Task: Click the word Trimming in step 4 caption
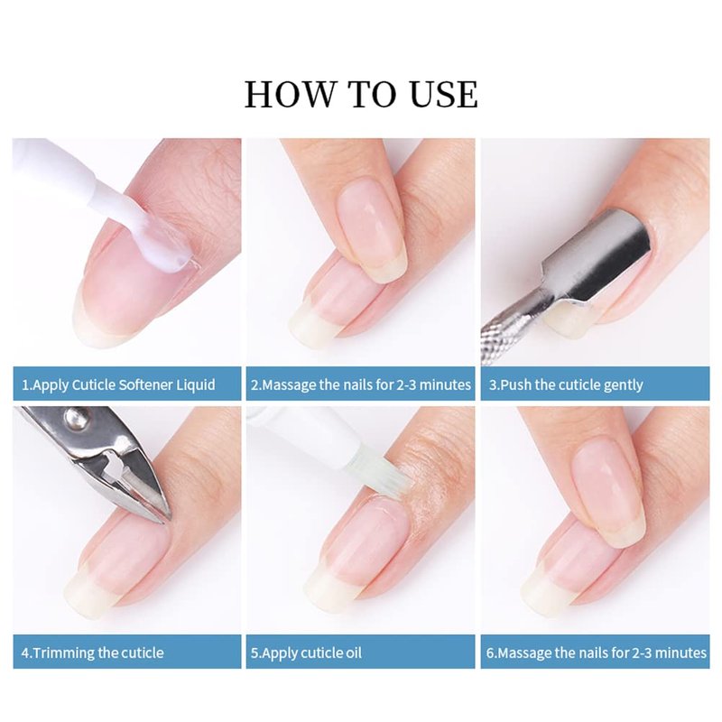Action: [x=64, y=653]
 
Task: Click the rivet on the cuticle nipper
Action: [x=72, y=418]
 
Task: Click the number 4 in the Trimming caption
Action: [x=25, y=653]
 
